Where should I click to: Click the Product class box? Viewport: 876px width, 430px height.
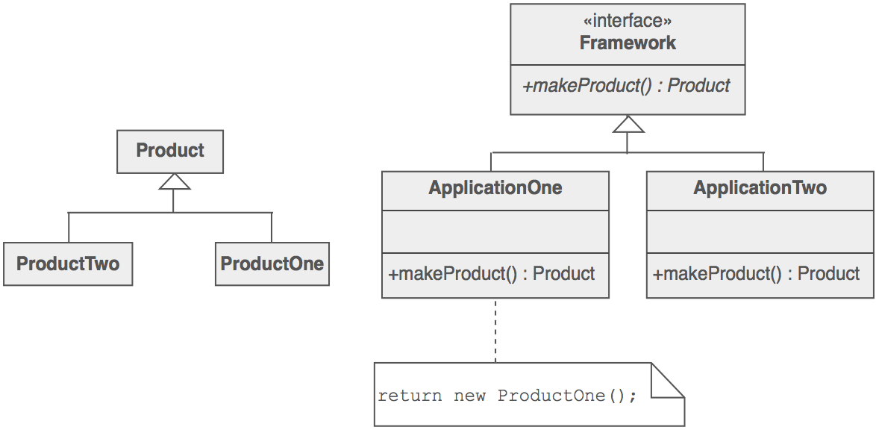coord(170,151)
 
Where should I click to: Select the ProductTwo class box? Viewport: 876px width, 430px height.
coord(68,264)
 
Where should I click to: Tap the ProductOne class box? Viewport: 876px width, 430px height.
coord(272,264)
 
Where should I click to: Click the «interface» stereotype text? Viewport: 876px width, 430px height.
coord(627,22)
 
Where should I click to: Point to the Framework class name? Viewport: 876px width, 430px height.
coord(628,43)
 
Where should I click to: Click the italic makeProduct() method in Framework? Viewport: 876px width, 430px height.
coord(627,86)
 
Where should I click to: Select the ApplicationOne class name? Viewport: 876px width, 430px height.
coord(495,187)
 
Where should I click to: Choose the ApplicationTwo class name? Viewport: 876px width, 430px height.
coord(760,187)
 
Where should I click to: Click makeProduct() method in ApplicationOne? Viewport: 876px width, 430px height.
coord(492,274)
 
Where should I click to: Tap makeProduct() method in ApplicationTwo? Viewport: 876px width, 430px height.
coord(757,274)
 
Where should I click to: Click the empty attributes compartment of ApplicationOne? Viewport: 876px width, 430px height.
coord(495,231)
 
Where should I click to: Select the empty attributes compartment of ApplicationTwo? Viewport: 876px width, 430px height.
coord(760,231)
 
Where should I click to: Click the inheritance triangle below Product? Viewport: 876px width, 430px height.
coord(173,181)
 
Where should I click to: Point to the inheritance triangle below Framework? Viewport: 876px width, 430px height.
coord(628,125)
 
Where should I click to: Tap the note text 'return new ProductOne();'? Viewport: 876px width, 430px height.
coord(507,395)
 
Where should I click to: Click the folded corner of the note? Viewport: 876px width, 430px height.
coord(667,380)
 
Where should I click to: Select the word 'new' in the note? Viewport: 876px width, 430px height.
coord(469,395)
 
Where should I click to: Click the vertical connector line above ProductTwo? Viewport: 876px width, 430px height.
coord(69,227)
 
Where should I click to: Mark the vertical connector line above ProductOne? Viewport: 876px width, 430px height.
coord(272,227)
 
